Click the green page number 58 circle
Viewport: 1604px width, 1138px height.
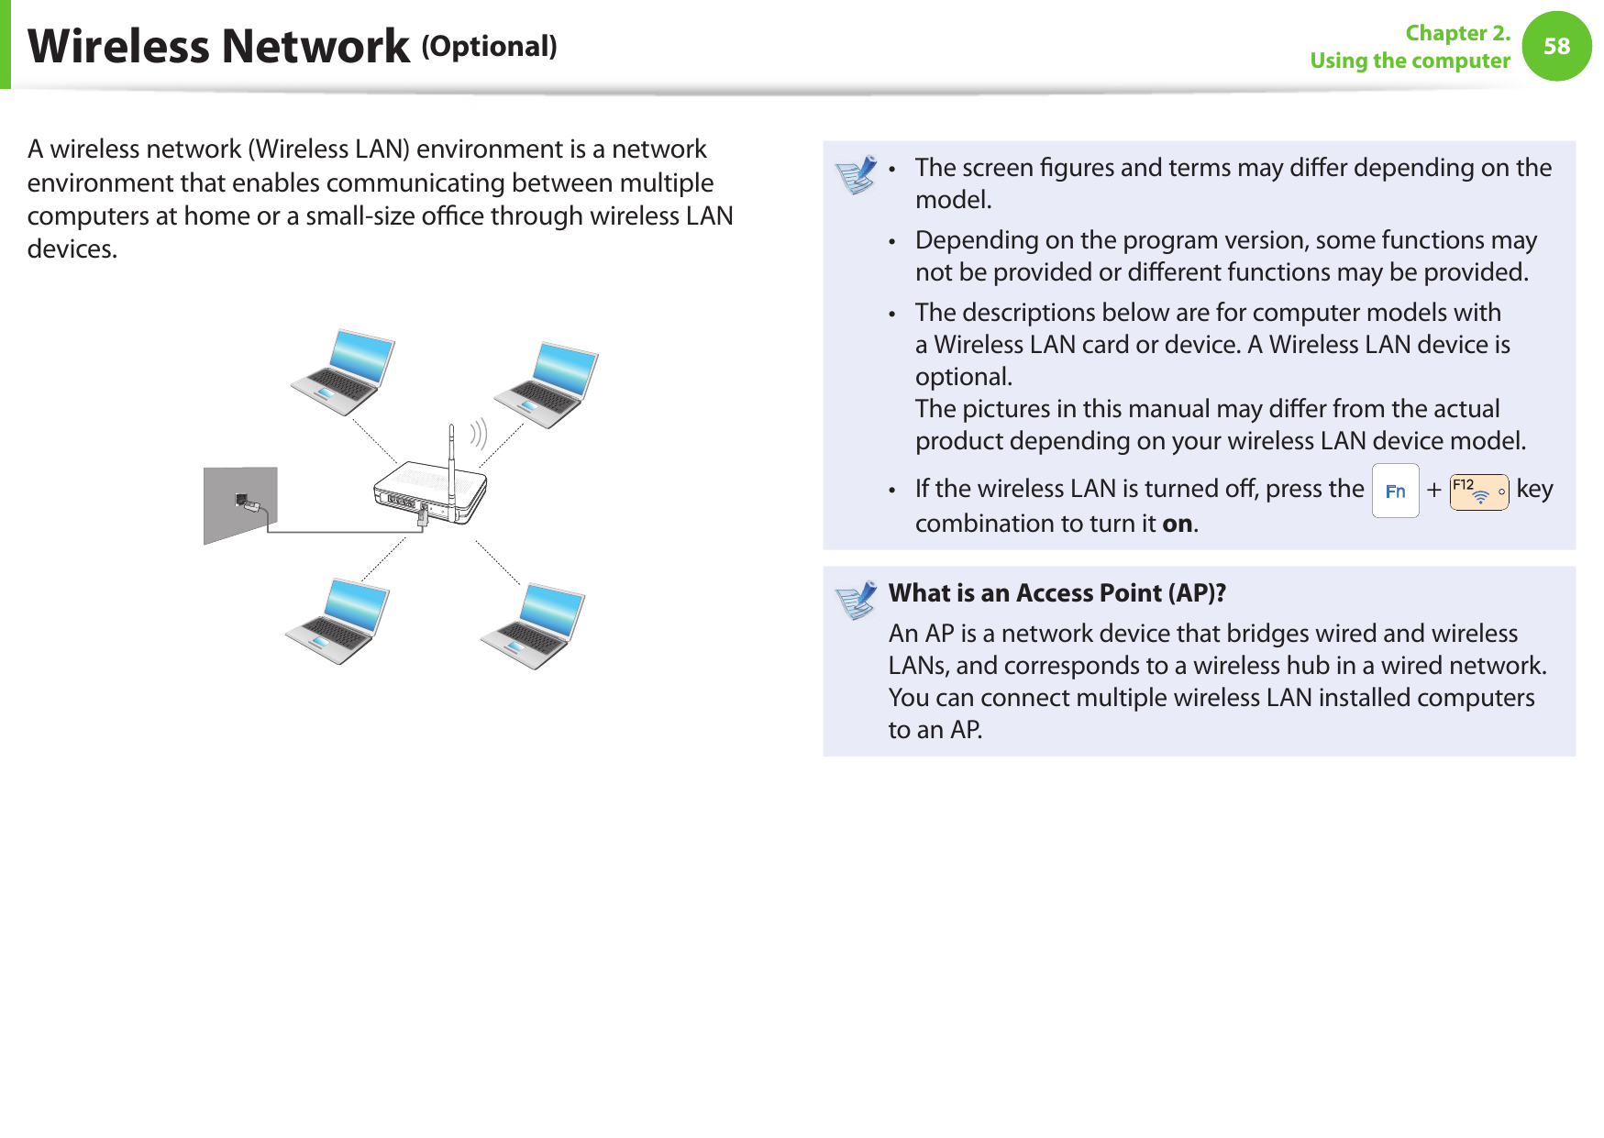[1556, 46]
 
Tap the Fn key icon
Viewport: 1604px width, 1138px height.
[1395, 492]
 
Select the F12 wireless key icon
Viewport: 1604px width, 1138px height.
[1478, 492]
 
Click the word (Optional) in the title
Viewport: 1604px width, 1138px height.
[489, 47]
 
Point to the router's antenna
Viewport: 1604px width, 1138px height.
[451, 459]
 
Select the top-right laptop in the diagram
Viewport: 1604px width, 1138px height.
[547, 384]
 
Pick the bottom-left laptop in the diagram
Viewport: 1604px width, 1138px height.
[337, 620]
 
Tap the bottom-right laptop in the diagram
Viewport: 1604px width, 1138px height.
[534, 625]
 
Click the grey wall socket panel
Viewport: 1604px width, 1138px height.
[239, 503]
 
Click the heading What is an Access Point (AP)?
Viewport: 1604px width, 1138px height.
[1056, 593]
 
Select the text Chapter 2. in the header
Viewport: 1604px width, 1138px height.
[1457, 33]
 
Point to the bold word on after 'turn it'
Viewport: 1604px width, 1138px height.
[1178, 524]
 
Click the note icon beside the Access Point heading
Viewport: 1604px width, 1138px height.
[857, 601]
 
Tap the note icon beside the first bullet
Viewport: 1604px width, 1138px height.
[857, 175]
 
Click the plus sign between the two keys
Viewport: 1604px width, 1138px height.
[1433, 492]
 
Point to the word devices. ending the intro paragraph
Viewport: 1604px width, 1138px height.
[72, 249]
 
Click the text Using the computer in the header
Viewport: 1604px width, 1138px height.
[1410, 61]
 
